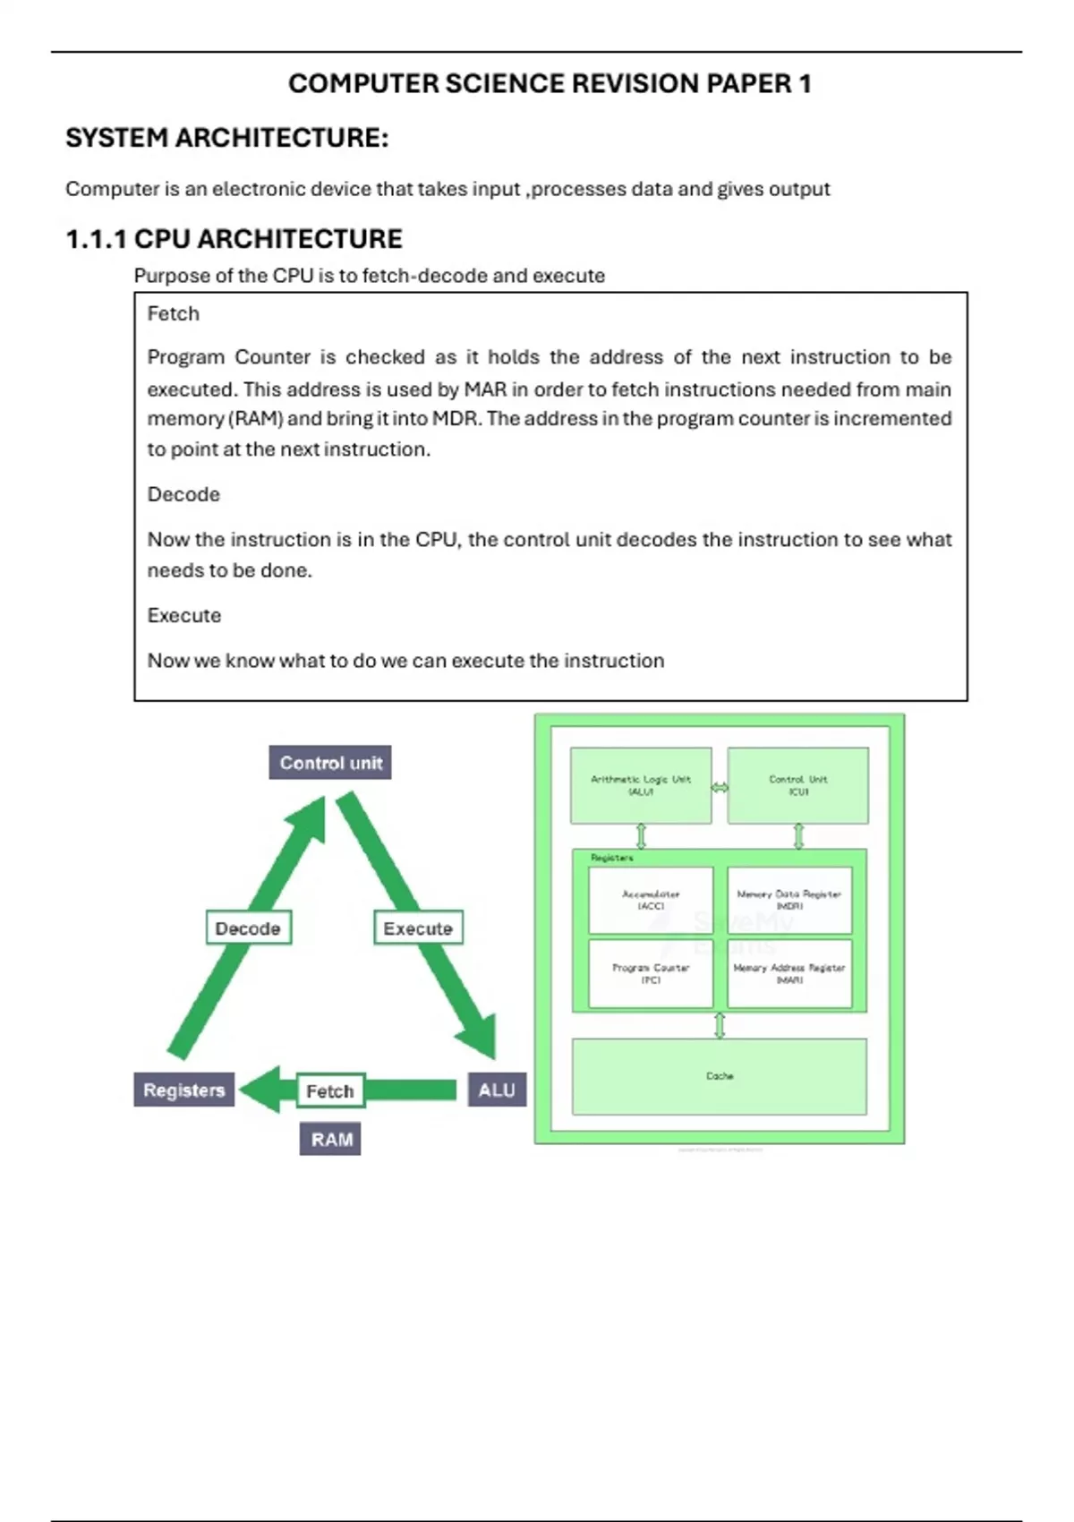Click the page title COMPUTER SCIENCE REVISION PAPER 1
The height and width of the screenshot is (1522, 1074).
550,83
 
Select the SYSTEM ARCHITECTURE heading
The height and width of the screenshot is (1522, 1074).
226,138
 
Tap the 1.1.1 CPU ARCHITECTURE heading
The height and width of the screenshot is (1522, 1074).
234,239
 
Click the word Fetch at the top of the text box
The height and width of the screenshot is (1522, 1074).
173,313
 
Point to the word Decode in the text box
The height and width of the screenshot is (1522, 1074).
183,494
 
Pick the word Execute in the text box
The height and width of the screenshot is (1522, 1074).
183,615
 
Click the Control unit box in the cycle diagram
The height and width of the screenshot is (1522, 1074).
330,763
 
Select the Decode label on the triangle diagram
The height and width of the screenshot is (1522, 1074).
248,928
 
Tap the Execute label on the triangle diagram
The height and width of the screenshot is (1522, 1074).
418,928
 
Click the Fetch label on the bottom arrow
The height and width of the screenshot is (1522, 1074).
330,1090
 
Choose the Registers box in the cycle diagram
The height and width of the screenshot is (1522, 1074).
183,1090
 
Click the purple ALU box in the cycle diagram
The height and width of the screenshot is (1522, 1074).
497,1090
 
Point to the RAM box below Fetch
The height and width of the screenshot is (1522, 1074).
330,1139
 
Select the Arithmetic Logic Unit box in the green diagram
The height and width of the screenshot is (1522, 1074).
641,785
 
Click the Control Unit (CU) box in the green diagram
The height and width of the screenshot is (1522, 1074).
797,785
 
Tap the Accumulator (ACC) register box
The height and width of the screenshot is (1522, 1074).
651,900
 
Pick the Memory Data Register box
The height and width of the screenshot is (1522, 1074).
789,900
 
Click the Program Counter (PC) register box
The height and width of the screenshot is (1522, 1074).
651,973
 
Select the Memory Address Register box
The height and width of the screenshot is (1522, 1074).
789,973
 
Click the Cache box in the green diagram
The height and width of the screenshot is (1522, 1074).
720,1076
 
